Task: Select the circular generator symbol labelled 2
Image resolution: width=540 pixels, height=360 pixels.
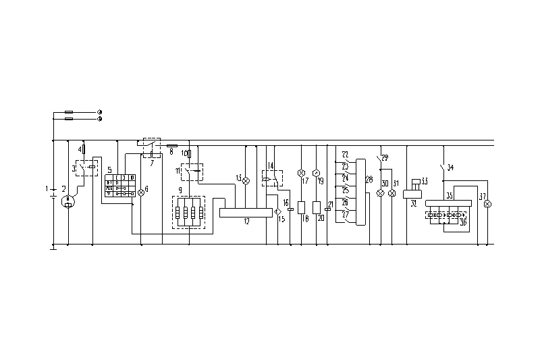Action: [x=68, y=201]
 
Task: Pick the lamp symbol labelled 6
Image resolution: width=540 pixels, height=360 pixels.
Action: [x=141, y=193]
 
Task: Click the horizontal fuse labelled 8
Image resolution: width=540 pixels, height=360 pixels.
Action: [x=172, y=145]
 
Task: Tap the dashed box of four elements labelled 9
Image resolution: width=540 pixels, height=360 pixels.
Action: [x=189, y=211]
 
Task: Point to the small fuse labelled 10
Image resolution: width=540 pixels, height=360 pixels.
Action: [x=189, y=154]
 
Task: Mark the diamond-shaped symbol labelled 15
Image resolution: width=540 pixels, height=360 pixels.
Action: [x=277, y=212]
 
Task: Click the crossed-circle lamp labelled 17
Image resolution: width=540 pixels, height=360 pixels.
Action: [x=302, y=173]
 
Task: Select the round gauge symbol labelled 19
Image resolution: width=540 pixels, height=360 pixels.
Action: [x=315, y=173]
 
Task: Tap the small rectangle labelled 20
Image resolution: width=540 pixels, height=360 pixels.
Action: [x=316, y=207]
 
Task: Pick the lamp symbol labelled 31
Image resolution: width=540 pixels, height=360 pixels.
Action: [x=391, y=193]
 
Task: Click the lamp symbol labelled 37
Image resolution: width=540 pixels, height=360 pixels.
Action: [x=488, y=203]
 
